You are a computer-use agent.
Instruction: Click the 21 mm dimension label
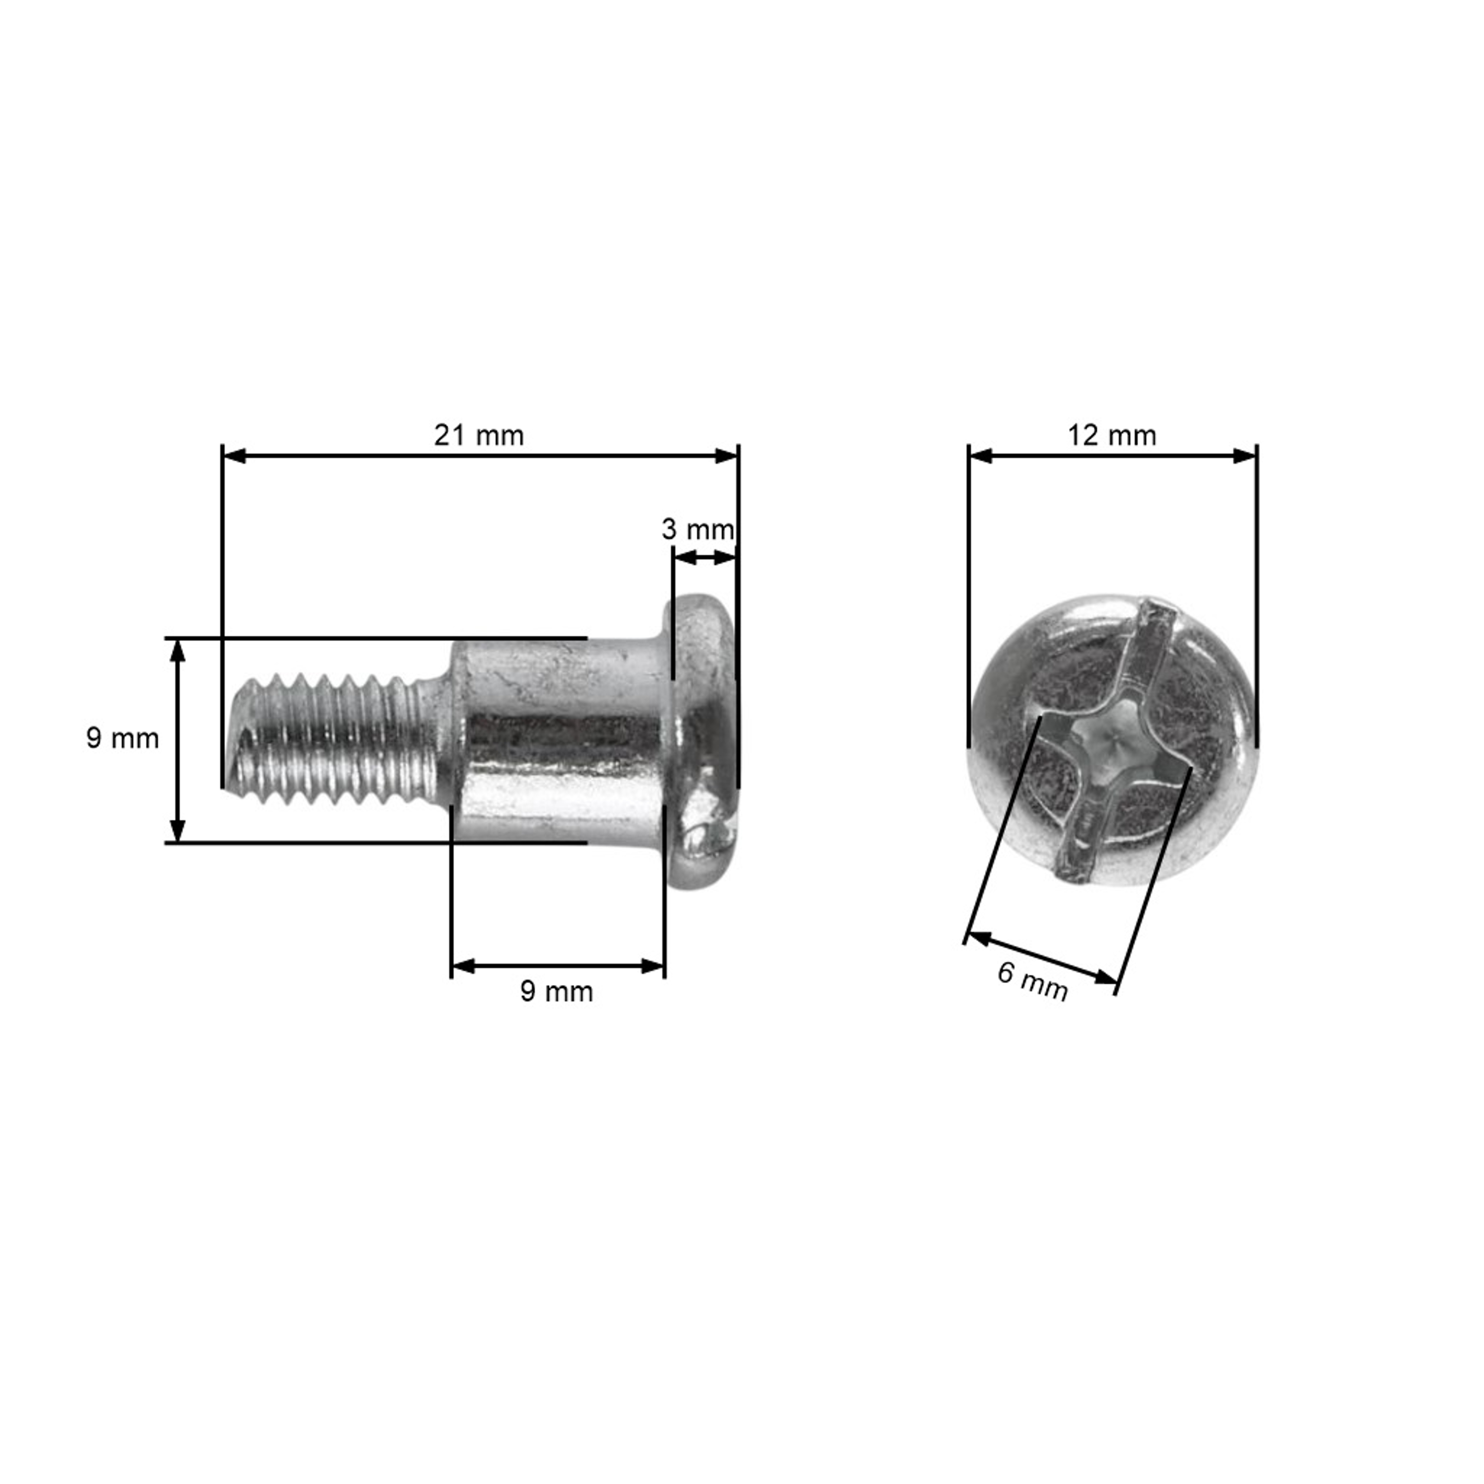coord(478,435)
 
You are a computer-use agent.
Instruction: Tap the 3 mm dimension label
coord(697,529)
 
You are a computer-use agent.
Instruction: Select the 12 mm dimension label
coord(1112,435)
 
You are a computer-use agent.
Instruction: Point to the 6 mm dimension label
coord(1032,981)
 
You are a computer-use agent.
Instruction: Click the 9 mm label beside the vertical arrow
coord(122,738)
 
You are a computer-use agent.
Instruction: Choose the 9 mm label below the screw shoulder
coord(556,992)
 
